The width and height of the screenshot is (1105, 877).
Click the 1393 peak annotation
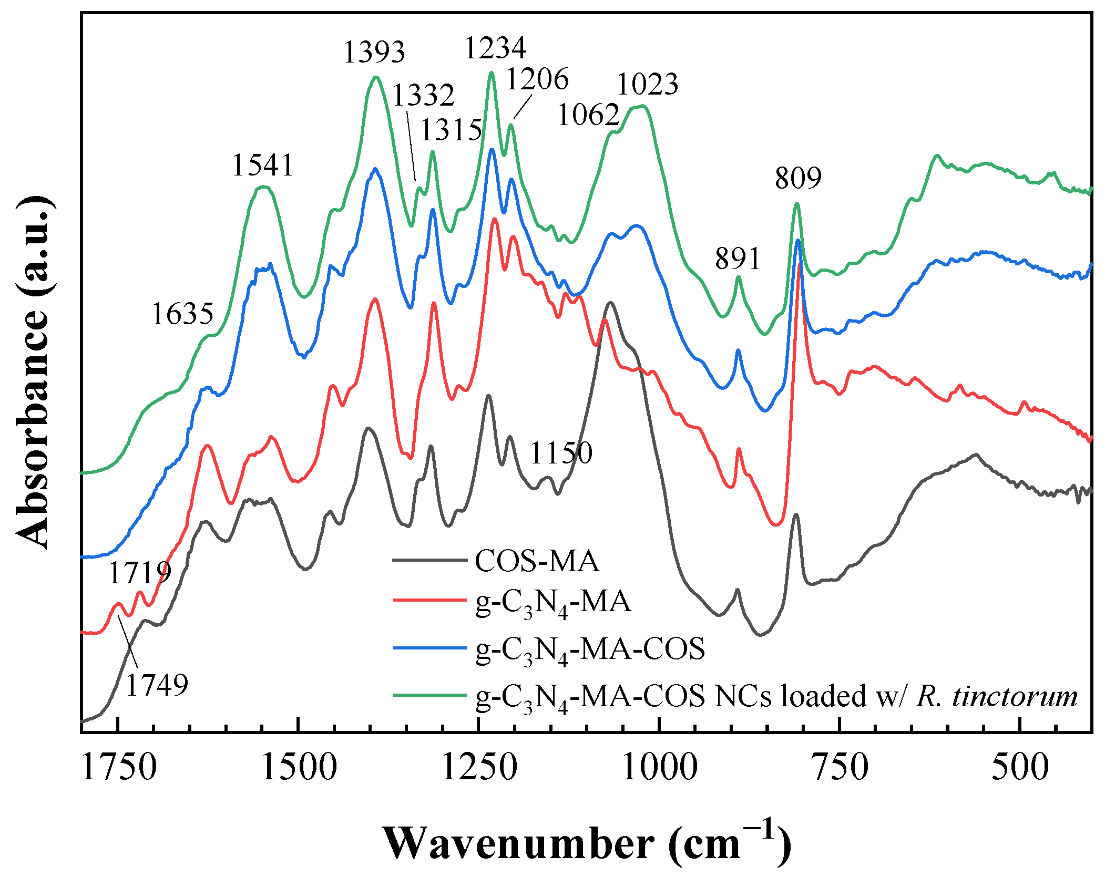click(374, 52)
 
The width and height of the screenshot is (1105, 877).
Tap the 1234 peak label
click(495, 48)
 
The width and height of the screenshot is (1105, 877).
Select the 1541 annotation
click(262, 165)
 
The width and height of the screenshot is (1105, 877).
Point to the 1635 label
click(182, 314)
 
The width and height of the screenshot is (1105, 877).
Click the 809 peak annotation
click(797, 178)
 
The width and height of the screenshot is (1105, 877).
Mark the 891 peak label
click(737, 259)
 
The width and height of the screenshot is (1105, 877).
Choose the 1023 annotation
click(647, 84)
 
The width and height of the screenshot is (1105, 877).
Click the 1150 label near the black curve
click(561, 453)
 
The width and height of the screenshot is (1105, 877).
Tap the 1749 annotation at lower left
click(157, 685)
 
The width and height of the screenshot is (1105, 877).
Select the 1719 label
click(139, 572)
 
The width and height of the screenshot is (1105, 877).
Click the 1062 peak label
click(588, 115)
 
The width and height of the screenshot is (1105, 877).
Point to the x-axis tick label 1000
click(660, 767)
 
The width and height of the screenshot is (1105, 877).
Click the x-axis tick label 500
click(1020, 767)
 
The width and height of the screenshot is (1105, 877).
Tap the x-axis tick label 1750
click(119, 767)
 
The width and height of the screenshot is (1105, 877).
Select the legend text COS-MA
click(536, 561)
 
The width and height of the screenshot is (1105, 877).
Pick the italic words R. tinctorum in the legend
click(996, 696)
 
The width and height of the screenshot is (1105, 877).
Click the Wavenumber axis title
click(586, 843)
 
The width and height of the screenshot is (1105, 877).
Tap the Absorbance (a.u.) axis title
click(33, 373)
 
